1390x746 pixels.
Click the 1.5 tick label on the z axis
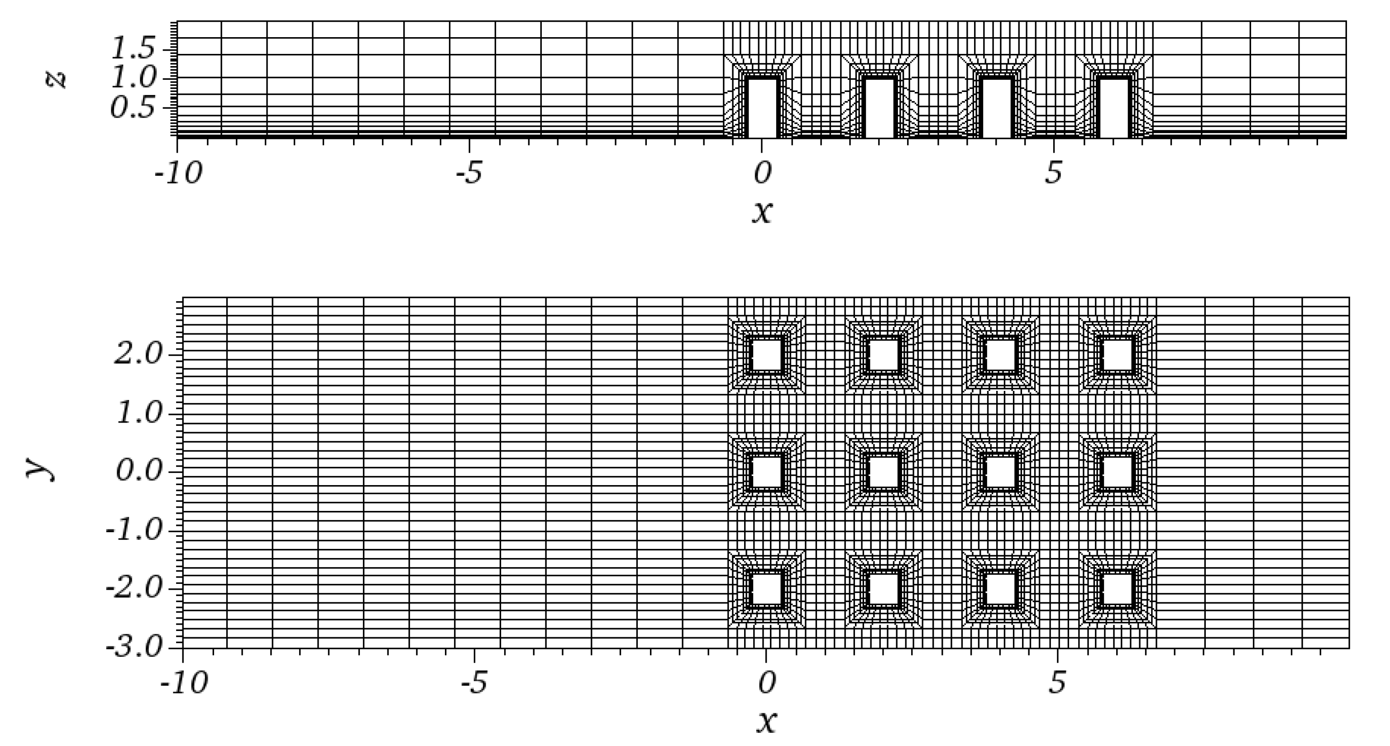pyautogui.click(x=132, y=50)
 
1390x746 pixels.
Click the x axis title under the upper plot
pyautogui.click(x=761, y=211)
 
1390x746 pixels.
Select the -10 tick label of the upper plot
pyautogui.click(x=178, y=174)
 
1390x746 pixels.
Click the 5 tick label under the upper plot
pyautogui.click(x=1053, y=174)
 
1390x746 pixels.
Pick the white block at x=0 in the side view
pyautogui.click(x=761, y=108)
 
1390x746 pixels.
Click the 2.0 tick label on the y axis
pyautogui.click(x=138, y=355)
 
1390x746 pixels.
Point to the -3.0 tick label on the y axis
pyautogui.click(x=134, y=647)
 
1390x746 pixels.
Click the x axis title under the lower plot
pyautogui.click(x=766, y=721)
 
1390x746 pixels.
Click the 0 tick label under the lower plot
pyautogui.click(x=766, y=683)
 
